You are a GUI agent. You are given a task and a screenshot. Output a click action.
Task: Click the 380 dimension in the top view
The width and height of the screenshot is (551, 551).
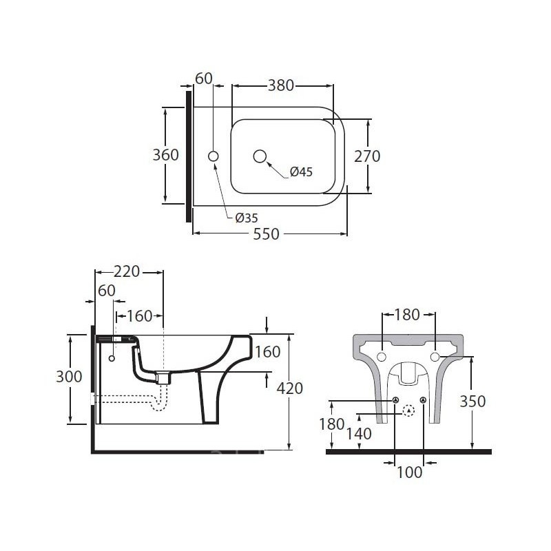click(x=281, y=85)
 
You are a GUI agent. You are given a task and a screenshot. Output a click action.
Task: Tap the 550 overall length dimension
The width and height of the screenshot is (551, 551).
click(x=266, y=234)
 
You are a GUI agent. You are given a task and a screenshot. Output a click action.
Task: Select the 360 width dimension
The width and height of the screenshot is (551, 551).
click(x=165, y=154)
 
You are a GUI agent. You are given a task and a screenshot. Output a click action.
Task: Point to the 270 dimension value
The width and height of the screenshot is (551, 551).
click(x=367, y=156)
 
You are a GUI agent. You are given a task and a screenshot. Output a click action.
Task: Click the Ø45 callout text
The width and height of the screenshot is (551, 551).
click(x=301, y=171)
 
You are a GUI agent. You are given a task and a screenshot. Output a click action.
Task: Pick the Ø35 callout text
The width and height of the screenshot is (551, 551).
click(x=247, y=218)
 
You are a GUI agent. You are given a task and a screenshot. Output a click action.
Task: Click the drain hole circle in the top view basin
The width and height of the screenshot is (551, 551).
click(x=260, y=156)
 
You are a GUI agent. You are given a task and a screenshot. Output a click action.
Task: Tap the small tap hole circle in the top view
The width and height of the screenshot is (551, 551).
click(x=214, y=156)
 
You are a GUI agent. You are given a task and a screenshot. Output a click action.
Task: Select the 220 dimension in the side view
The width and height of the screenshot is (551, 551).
click(x=127, y=271)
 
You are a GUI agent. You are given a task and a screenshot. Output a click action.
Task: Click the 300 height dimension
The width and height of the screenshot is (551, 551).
click(x=69, y=377)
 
